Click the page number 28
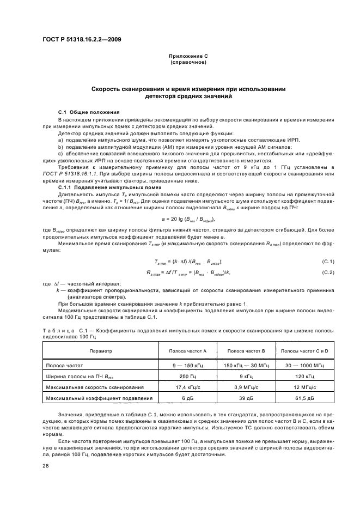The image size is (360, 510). click(46, 466)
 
